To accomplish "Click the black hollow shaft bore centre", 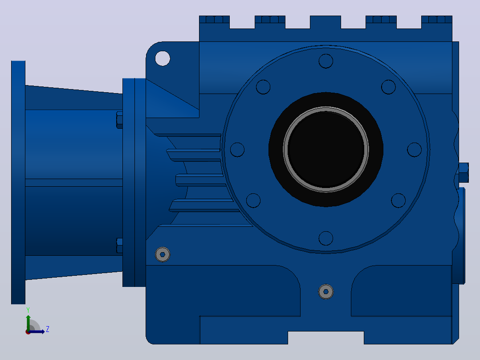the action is click(x=326, y=150).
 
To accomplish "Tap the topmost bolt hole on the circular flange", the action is click(x=326, y=61).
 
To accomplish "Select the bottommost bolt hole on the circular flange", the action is click(x=326, y=238).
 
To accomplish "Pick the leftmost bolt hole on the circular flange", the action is click(x=237, y=150).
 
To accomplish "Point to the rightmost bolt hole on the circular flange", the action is click(x=415, y=150).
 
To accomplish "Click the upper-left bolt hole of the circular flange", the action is click(x=263, y=87).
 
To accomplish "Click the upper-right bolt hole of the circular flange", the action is click(x=388, y=87).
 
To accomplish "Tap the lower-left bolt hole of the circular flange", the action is click(x=253, y=200).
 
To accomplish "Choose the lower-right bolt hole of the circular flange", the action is click(x=398, y=200).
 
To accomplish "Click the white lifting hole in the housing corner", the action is click(x=163, y=58).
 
